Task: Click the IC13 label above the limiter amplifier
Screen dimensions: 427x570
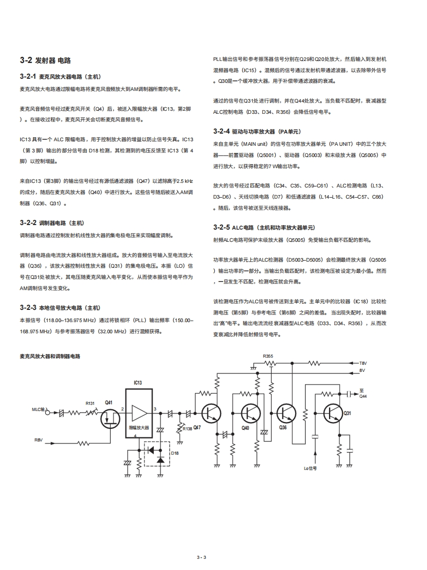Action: tap(138, 383)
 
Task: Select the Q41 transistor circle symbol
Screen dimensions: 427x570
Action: tap(109, 417)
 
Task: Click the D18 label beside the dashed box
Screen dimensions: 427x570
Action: tap(175, 453)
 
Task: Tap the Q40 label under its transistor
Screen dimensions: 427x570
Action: tap(245, 428)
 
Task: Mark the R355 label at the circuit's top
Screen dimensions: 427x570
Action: tap(268, 356)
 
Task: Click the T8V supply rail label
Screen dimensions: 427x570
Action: tap(363, 363)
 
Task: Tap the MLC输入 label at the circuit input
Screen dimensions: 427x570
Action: tap(39, 409)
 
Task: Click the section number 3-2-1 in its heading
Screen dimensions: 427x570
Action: tap(28, 77)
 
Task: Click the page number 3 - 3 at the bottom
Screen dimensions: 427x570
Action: tap(202, 557)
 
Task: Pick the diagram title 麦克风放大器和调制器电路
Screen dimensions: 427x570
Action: tap(50, 357)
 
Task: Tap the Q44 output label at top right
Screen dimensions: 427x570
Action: tap(363, 396)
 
